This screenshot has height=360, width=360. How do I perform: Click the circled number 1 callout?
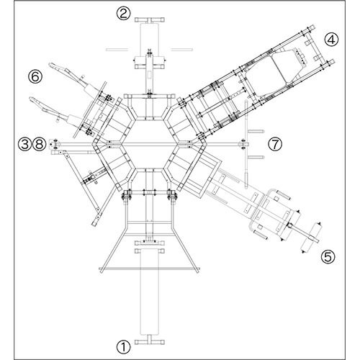[124, 347]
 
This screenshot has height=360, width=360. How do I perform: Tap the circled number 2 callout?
[124, 14]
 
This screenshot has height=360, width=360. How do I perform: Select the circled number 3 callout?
[25, 144]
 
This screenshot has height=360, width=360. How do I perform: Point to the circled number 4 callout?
[331, 40]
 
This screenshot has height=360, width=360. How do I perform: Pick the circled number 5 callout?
[328, 257]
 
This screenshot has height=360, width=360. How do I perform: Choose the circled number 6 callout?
[35, 77]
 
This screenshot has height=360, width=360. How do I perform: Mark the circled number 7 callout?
[275, 144]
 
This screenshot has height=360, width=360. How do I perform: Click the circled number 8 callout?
[39, 144]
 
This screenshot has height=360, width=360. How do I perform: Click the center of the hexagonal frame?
[150, 144]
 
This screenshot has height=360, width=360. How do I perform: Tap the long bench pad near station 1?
[150, 292]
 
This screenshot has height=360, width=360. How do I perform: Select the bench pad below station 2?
[150, 40]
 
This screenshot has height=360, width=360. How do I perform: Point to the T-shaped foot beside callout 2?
[150, 20]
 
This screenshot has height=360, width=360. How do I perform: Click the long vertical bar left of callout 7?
[246, 144]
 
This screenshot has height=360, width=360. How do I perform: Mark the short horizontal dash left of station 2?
[117, 50]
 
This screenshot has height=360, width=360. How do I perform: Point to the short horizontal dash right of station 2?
[182, 50]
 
